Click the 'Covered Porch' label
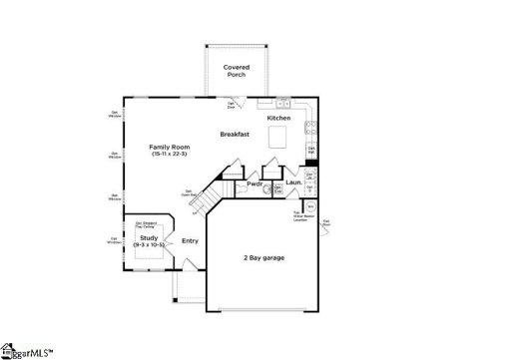point(237,71)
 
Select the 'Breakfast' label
point(236,134)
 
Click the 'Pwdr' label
point(255,183)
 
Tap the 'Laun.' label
point(293,183)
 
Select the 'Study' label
point(148,238)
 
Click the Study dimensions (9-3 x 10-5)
point(148,245)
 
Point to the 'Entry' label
point(190,240)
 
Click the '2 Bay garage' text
point(263,258)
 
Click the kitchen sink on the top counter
point(283,103)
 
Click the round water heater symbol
point(310,206)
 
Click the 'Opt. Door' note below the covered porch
point(232,104)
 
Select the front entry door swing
point(184,264)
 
